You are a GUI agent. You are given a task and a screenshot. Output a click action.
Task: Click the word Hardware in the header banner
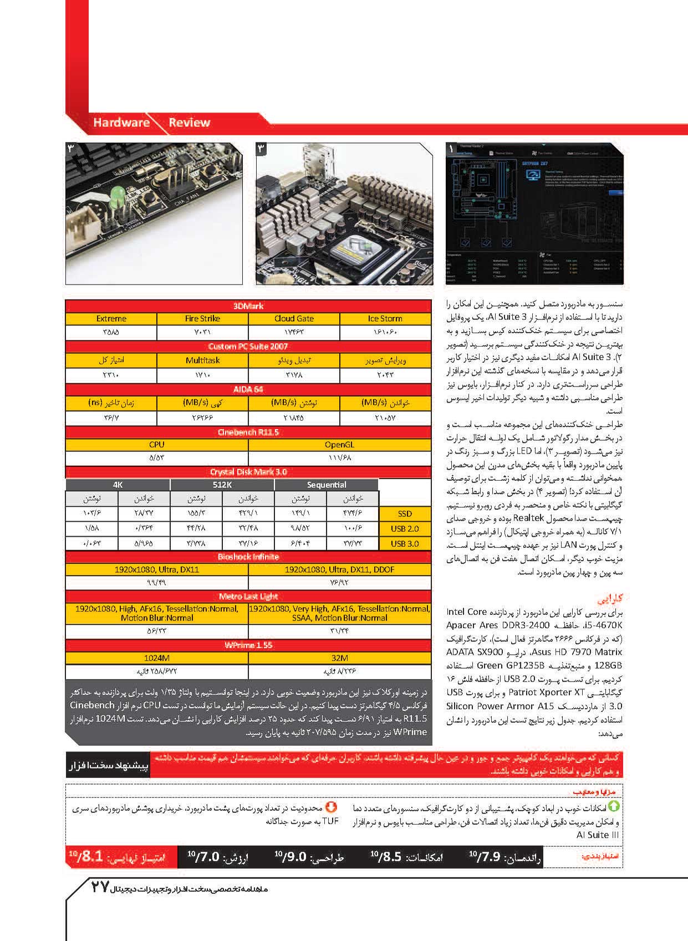coord(121,123)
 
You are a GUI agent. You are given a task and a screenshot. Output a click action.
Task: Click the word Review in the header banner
coord(190,123)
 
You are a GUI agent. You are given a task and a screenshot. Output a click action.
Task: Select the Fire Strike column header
coord(202,319)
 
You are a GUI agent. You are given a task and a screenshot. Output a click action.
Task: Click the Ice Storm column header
coord(385,319)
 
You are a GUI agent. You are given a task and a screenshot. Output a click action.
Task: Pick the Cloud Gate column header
coord(294,319)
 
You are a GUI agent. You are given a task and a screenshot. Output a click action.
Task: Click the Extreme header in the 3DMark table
coord(111,319)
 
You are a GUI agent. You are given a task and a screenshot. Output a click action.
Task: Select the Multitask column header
coord(202,360)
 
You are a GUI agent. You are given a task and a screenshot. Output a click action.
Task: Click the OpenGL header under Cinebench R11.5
coord(339,445)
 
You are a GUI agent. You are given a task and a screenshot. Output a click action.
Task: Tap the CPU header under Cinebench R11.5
coord(157,445)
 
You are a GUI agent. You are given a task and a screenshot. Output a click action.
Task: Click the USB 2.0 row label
coord(405,529)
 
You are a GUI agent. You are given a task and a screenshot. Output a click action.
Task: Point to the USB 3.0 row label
coord(405,544)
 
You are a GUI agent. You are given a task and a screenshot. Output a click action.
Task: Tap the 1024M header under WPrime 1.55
coord(157,658)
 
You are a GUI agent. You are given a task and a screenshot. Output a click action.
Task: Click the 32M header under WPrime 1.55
coord(339,658)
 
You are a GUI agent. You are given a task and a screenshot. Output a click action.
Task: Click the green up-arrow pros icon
coord(614,807)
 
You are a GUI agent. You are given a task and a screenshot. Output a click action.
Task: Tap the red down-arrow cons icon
coord(331,807)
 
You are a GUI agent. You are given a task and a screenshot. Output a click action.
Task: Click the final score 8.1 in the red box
coord(89,857)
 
